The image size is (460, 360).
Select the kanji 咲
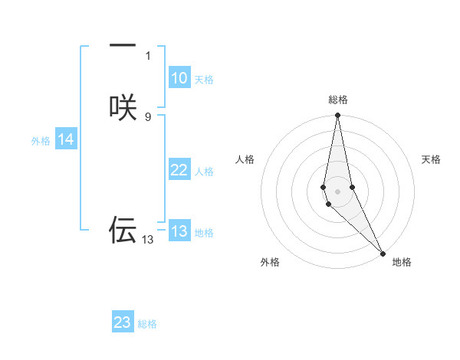click(123, 107)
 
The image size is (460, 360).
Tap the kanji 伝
click(123, 230)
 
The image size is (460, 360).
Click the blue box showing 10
click(179, 78)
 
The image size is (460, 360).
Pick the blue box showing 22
click(179, 170)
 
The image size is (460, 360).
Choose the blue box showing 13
click(179, 231)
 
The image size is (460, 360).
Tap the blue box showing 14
click(66, 139)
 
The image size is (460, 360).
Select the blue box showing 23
click(123, 322)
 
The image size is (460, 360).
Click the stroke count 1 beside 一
click(148, 55)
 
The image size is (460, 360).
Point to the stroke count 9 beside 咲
click(148, 116)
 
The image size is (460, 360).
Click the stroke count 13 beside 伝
click(147, 240)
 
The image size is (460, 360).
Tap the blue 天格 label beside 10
click(204, 80)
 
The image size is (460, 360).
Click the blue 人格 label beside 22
click(204, 172)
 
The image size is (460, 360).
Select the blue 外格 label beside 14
click(41, 141)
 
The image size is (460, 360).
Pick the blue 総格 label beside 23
click(147, 324)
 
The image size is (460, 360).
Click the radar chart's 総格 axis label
click(338, 100)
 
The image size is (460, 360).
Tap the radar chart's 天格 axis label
click(431, 159)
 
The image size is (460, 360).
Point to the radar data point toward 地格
click(383, 252)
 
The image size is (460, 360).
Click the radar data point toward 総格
click(337, 116)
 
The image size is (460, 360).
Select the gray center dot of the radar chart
click(337, 191)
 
